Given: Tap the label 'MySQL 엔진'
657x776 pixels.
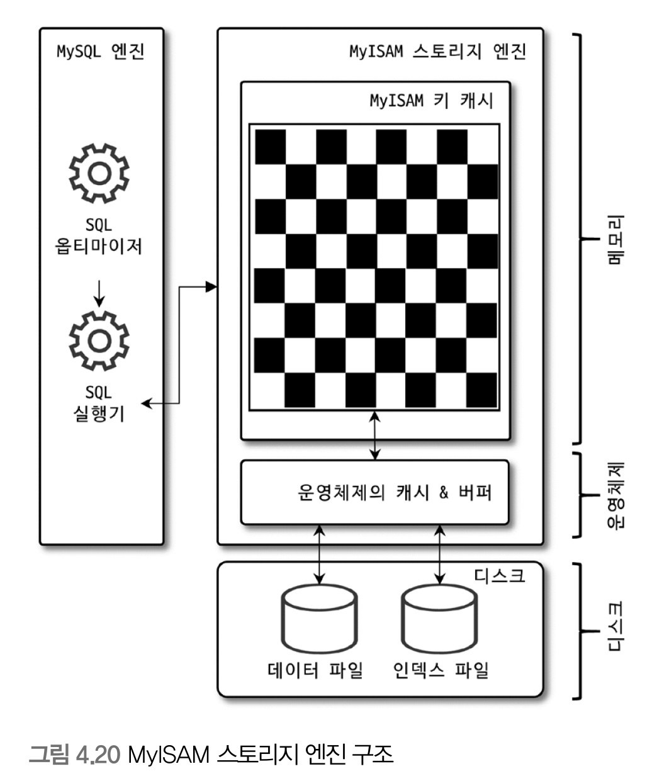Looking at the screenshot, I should (x=101, y=52).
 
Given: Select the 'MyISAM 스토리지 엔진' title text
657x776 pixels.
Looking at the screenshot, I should (x=437, y=52).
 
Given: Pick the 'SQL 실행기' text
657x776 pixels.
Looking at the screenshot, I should (x=99, y=403).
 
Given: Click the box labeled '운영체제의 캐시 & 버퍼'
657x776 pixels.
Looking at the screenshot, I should (x=374, y=492).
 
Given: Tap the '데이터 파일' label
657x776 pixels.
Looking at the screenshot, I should (x=315, y=670).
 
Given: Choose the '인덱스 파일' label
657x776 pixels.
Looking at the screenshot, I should (x=441, y=670).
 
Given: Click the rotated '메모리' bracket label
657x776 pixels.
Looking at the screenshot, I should (x=616, y=240).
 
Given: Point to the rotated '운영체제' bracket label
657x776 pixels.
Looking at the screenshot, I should (x=616, y=494).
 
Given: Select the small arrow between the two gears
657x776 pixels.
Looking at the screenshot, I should (x=99, y=293).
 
